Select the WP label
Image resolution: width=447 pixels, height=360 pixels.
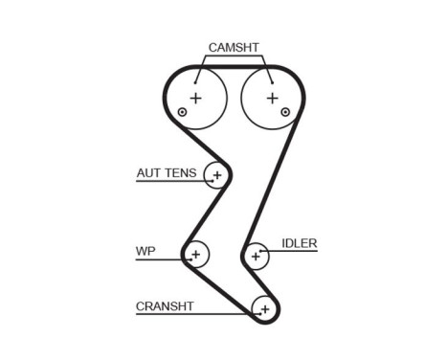click(145, 253)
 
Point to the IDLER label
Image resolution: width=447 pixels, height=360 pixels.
click(299, 243)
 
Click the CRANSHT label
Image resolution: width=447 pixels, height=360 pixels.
click(165, 306)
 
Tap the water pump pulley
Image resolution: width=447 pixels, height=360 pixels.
click(195, 255)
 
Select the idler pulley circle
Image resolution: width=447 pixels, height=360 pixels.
click(256, 256)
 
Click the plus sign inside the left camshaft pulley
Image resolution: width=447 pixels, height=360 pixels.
click(196, 97)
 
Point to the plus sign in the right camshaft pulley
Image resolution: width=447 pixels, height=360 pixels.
click(271, 97)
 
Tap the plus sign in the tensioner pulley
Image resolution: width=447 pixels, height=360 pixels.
click(217, 175)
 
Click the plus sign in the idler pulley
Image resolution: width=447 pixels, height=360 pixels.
click(256, 256)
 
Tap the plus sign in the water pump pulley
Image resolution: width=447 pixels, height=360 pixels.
click(195, 255)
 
